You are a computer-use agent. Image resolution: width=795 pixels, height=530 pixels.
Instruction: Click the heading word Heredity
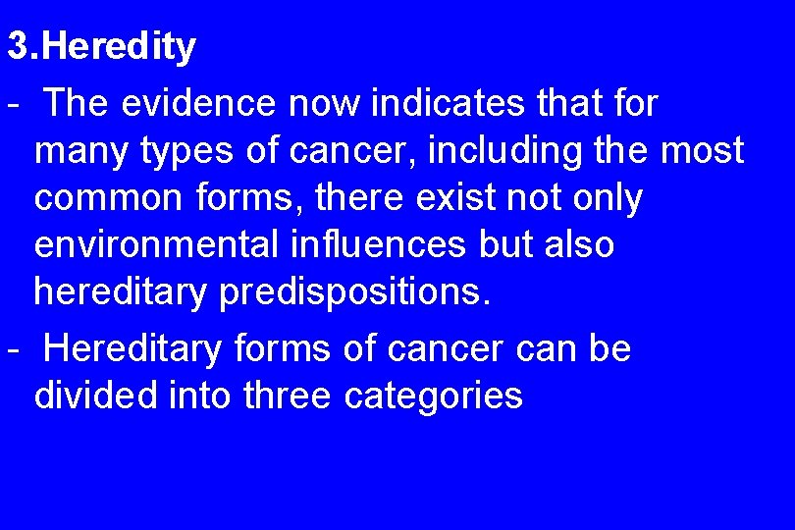coord(119,47)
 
